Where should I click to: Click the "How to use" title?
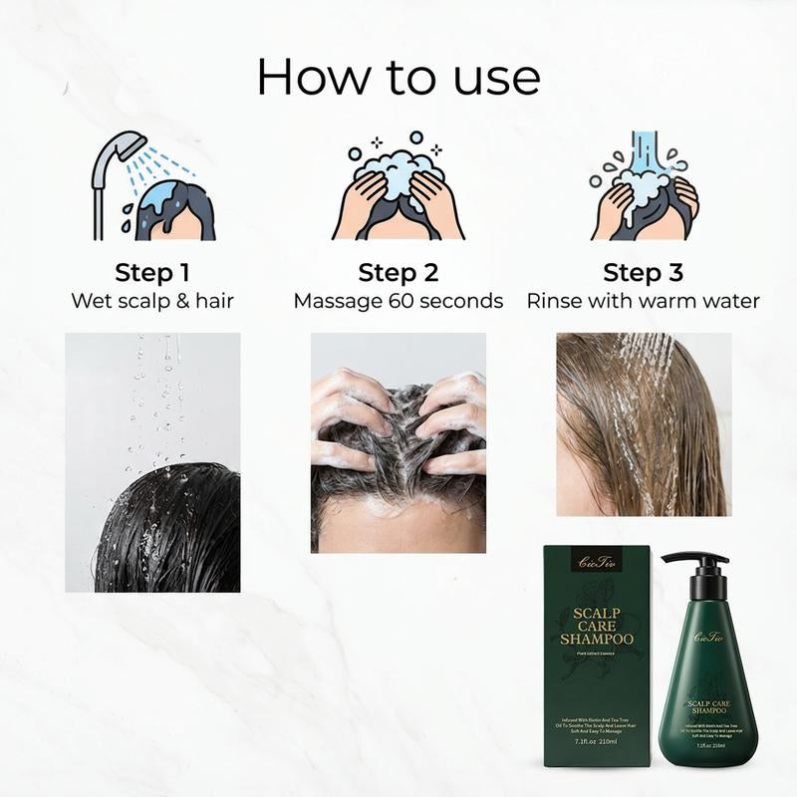(x=398, y=77)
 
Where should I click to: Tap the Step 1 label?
(x=151, y=273)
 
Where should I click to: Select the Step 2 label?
(x=398, y=273)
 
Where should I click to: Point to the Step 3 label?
(x=643, y=273)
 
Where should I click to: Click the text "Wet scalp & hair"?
(x=151, y=301)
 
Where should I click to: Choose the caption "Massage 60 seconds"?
(x=398, y=301)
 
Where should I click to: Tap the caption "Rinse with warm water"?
(x=643, y=301)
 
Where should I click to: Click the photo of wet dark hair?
(x=152, y=462)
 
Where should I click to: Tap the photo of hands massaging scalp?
(x=398, y=442)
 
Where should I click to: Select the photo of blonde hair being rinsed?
(x=644, y=423)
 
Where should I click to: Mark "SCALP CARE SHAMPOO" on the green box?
(x=596, y=624)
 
